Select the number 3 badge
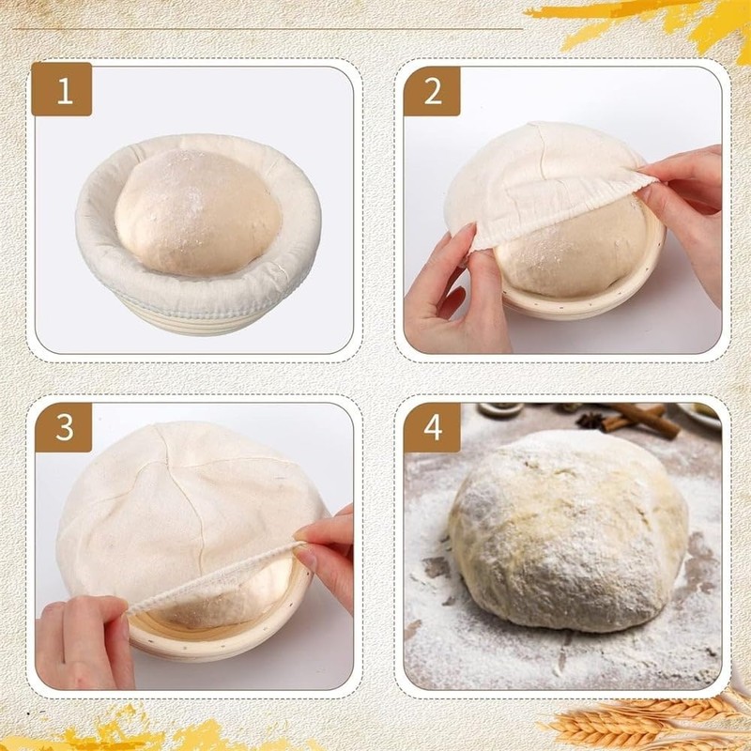click(64, 427)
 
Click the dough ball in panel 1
click(197, 211)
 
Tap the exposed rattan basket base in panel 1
click(188, 314)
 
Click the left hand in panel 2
click(451, 296)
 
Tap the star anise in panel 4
click(591, 420)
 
